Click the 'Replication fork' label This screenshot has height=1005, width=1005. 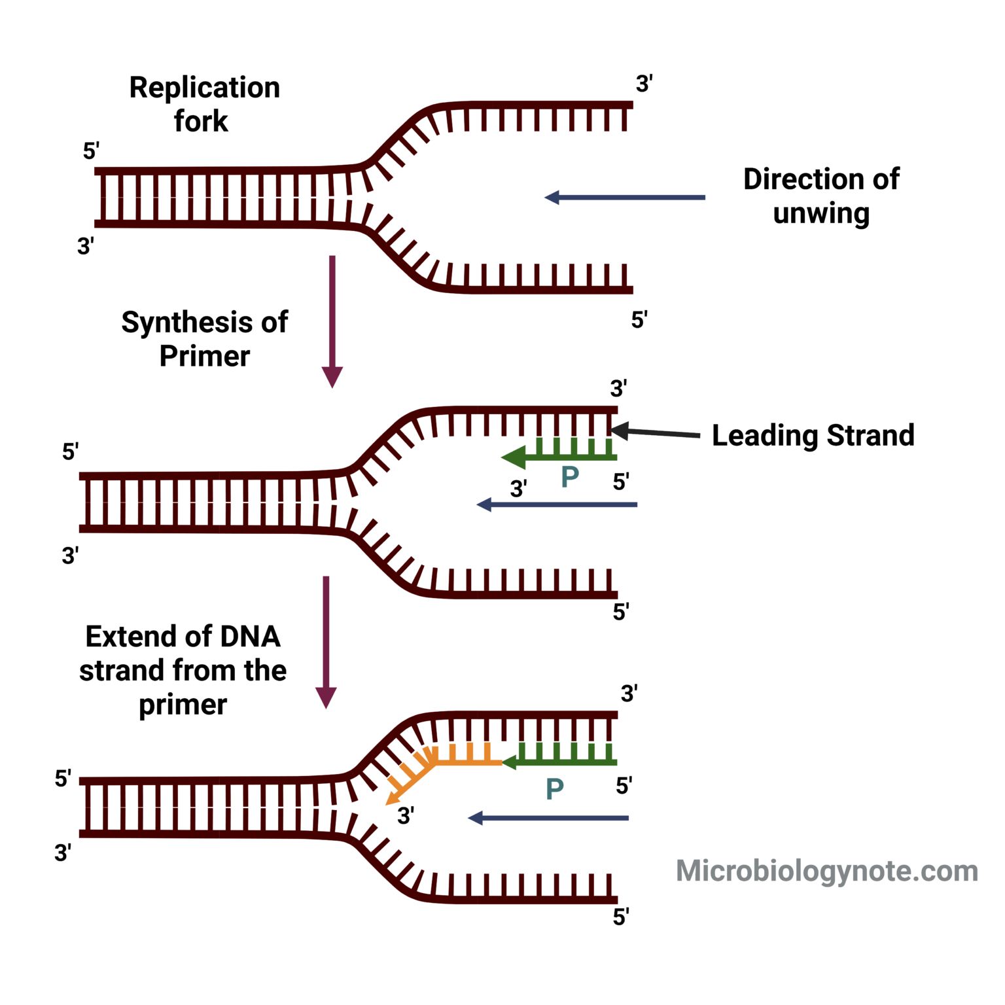204,104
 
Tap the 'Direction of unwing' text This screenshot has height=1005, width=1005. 820,196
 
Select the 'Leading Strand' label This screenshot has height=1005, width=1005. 813,435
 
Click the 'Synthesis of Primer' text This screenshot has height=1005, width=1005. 204,339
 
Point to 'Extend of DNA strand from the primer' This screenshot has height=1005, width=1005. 183,670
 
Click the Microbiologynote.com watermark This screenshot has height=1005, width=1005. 826,871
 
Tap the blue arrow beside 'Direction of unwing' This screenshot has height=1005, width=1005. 625,197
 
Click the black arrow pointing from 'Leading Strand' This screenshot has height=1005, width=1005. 654,432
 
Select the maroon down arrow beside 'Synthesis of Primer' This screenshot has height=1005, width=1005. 332,321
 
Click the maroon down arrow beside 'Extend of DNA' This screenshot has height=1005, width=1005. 326,641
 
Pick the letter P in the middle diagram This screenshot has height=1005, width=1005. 570,477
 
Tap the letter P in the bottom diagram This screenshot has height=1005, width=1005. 554,789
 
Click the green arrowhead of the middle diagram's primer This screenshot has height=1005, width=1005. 514,457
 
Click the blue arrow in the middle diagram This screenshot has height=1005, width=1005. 557,504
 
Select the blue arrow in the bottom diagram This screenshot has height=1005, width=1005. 548,818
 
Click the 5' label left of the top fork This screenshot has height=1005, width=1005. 90,151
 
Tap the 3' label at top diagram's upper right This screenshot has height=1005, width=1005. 644,84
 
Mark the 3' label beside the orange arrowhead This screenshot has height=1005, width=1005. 406,816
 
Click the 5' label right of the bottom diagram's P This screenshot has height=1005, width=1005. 624,786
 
